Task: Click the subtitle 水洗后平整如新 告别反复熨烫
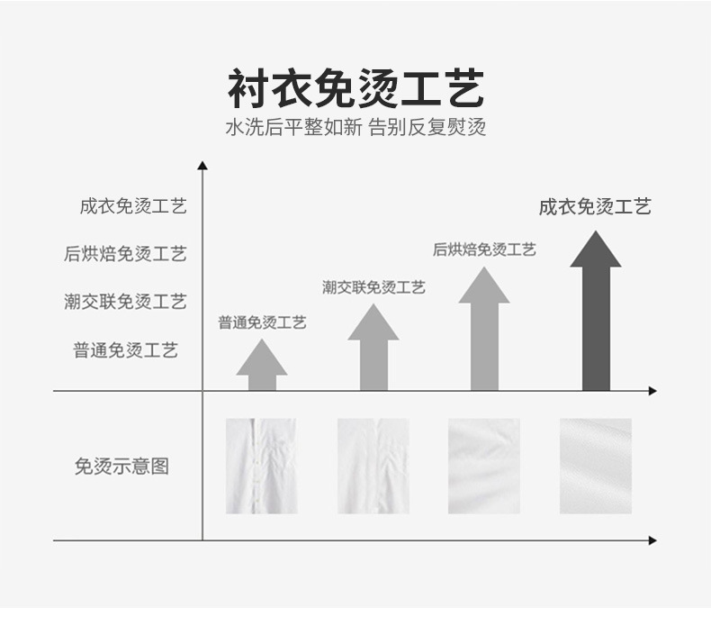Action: click(x=355, y=128)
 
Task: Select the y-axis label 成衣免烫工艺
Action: click(x=132, y=206)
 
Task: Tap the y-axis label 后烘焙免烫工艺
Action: click(x=125, y=254)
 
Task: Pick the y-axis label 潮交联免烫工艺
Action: click(x=125, y=302)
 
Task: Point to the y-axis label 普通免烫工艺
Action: click(x=125, y=349)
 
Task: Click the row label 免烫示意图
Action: click(x=121, y=467)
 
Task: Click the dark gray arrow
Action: click(x=595, y=315)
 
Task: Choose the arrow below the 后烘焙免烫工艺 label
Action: click(x=484, y=333)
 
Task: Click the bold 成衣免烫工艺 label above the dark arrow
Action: click(x=595, y=207)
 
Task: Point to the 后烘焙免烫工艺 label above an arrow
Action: click(x=484, y=249)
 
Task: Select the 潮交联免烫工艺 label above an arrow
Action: click(x=373, y=287)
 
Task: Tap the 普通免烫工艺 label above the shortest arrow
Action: click(x=262, y=322)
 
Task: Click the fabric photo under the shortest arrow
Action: click(x=262, y=466)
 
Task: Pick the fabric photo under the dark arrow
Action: click(x=595, y=466)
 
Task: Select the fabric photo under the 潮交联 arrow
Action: click(x=373, y=466)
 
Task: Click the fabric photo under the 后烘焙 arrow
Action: click(x=484, y=466)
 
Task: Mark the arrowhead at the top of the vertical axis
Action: click(x=202, y=165)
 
